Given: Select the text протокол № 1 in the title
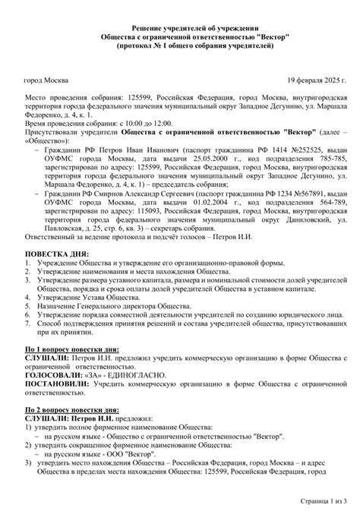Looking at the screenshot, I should click(x=144, y=46).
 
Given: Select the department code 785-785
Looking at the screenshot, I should click(x=331, y=162).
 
